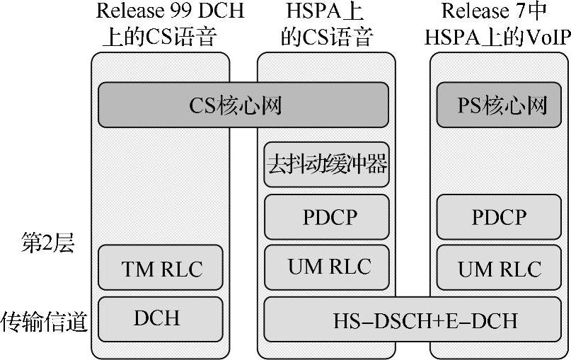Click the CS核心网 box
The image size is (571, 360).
tap(243, 105)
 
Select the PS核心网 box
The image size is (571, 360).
tap(502, 105)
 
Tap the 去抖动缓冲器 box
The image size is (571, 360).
tap(326, 164)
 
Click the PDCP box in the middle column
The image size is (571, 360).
tap(326, 217)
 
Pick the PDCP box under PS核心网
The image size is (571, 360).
tap(499, 217)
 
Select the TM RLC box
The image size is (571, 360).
tap(162, 268)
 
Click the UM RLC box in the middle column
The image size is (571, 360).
tap(326, 267)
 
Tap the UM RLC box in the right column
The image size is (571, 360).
tap(499, 268)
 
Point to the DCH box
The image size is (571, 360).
tap(157, 318)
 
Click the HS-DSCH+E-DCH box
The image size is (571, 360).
tap(415, 320)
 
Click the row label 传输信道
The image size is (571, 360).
tap(44, 322)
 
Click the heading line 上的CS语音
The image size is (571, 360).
tap(162, 36)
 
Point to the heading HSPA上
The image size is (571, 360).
tap(328, 12)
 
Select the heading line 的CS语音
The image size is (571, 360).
tap(326, 36)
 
